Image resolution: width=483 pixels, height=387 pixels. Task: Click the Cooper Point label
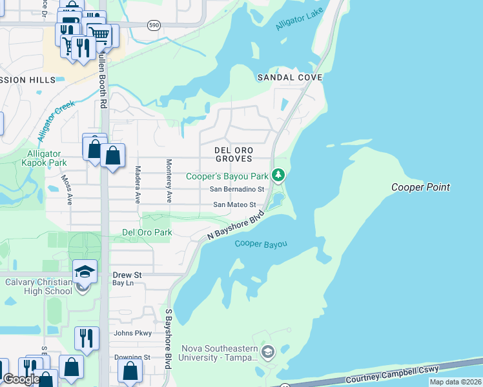420,187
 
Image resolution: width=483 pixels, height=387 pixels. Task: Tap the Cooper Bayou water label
260,244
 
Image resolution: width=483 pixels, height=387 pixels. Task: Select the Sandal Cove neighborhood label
290,77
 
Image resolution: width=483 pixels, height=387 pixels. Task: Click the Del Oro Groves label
233,154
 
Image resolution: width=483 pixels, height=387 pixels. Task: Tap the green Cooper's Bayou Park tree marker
278,175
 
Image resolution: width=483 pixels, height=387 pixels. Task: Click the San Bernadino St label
238,190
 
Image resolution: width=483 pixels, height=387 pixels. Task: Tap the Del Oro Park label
147,232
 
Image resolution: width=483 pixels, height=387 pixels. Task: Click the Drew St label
127,275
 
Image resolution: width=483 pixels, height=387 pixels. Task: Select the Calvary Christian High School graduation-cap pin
85,271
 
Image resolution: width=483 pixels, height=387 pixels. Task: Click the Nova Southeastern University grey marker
269,352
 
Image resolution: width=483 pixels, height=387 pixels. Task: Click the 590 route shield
153,25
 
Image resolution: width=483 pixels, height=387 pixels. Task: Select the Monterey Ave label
169,181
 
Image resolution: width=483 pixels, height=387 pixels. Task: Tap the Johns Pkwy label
132,333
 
